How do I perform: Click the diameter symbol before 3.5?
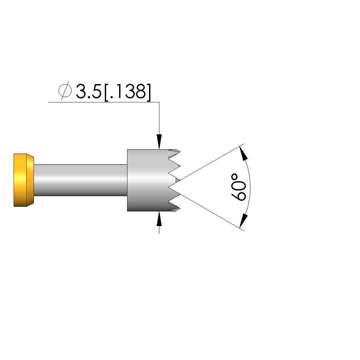(x=65, y=91)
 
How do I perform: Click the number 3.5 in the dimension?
(x=89, y=91)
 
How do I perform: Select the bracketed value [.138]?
(x=128, y=92)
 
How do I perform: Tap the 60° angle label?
(x=238, y=187)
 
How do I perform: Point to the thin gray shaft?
(x=81, y=180)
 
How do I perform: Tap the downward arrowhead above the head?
(x=159, y=141)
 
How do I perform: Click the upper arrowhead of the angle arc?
(x=244, y=153)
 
